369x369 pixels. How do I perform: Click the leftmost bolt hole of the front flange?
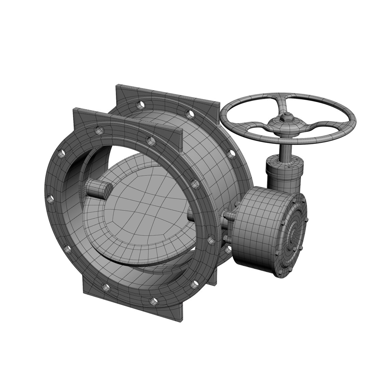(50, 199)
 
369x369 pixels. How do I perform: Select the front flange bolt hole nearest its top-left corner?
(99, 129)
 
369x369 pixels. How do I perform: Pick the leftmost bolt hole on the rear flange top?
(140, 104)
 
